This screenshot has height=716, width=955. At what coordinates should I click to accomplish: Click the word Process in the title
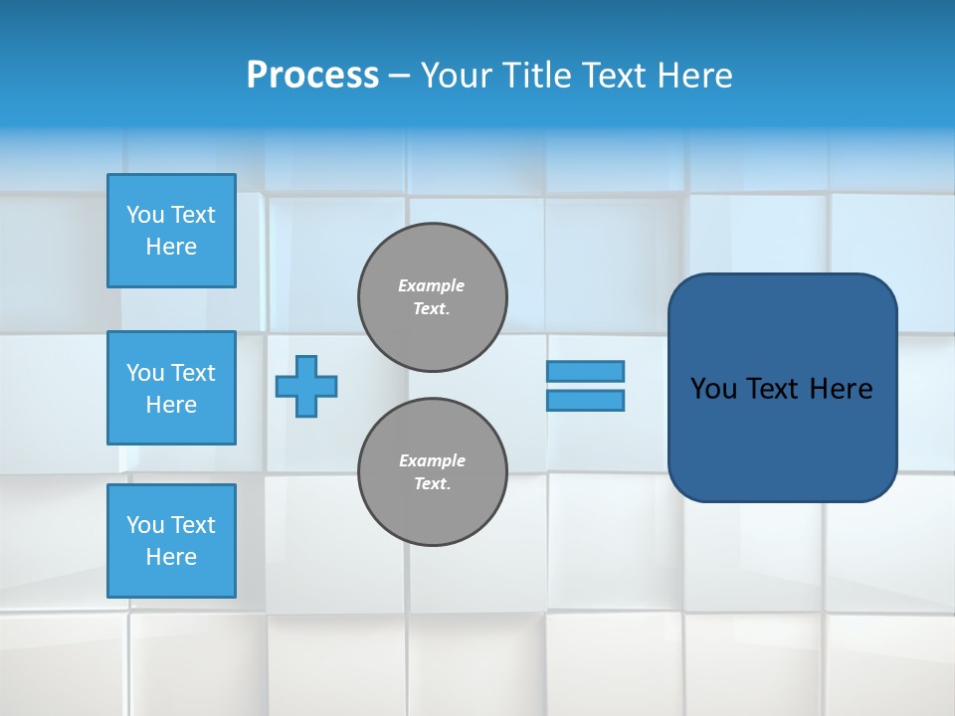tap(312, 76)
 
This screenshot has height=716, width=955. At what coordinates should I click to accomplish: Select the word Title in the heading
tap(534, 76)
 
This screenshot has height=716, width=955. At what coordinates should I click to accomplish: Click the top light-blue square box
tap(171, 231)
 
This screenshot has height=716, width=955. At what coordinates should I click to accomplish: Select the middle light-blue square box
tap(171, 388)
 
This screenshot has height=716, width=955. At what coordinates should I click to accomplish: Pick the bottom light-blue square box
tap(171, 541)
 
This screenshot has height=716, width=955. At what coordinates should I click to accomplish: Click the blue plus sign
tap(306, 386)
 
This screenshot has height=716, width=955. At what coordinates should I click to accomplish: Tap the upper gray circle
tap(433, 297)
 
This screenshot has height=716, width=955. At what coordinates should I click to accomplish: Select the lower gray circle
tap(433, 472)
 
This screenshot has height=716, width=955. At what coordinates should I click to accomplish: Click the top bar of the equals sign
tap(585, 371)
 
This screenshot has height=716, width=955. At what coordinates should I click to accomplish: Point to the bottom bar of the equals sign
tap(585, 400)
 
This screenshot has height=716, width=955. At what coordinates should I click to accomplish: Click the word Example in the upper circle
tap(432, 285)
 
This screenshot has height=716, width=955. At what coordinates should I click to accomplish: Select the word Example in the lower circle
tap(432, 460)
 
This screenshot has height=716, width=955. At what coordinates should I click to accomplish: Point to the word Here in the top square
tap(171, 247)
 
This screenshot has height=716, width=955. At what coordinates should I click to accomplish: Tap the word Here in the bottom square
tap(171, 557)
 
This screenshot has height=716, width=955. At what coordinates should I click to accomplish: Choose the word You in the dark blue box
tap(713, 389)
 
